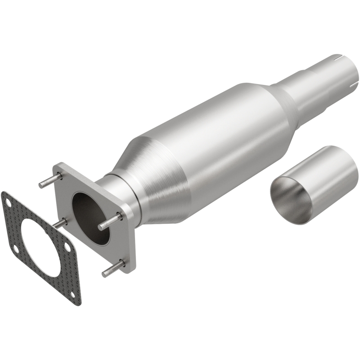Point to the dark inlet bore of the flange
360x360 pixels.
point(88,211)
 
